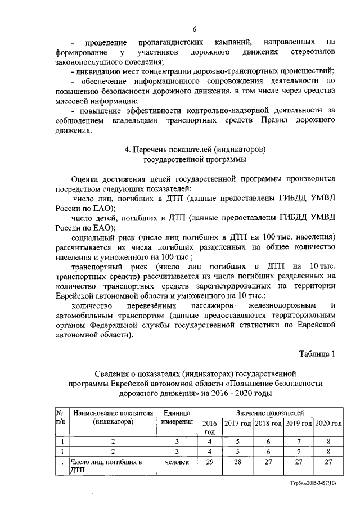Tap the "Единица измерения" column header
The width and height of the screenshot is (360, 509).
(177, 417)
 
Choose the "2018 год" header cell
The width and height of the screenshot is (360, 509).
(268, 423)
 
